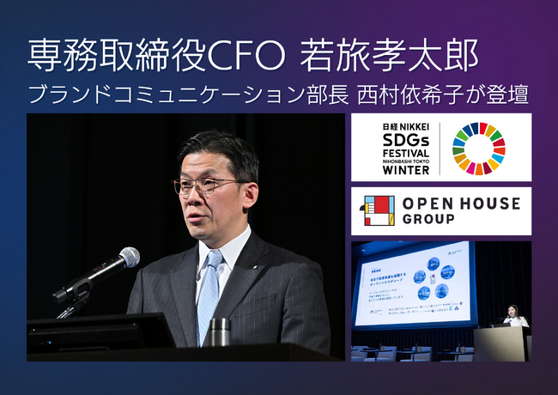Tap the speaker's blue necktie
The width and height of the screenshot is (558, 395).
coord(209,292)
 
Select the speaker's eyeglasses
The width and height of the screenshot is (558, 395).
coord(204,185)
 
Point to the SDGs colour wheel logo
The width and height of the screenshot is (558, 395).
coord(479,149)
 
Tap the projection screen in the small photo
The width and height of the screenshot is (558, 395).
coord(413,286)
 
